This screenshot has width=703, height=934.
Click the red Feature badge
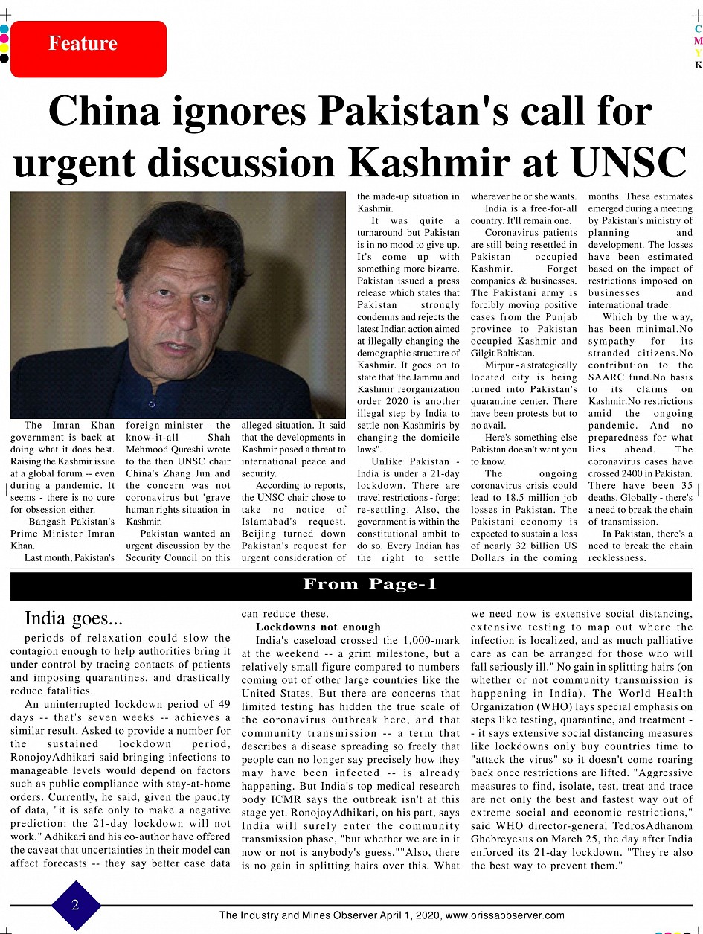tap(89, 48)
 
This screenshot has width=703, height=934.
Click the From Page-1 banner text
tap(370, 584)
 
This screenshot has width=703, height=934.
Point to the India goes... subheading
tap(74, 618)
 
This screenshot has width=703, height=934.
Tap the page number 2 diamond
tap(76, 905)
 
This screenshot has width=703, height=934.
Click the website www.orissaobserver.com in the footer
tap(505, 915)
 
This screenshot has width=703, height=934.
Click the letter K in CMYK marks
tap(698, 65)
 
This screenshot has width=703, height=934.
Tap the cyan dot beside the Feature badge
tap(4, 29)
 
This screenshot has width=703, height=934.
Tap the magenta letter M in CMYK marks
tap(698, 41)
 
